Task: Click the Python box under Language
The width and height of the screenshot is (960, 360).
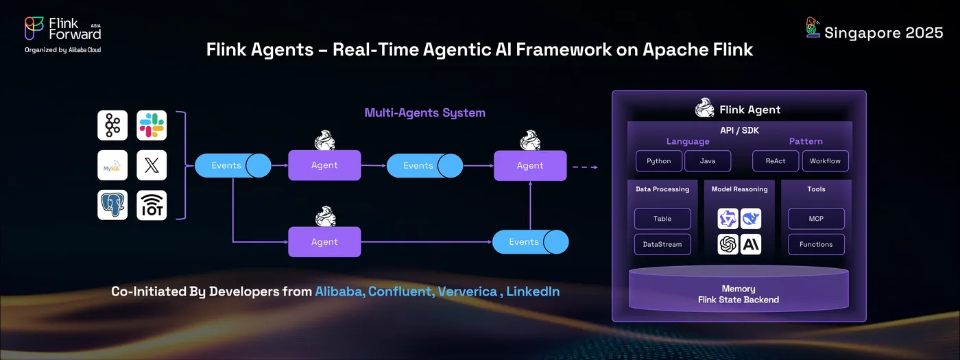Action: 658,161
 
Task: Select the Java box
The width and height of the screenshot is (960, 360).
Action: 708,161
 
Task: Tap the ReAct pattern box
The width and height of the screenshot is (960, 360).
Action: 775,161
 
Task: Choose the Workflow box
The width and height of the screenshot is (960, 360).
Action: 826,161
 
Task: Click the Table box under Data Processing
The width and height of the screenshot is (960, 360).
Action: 662,219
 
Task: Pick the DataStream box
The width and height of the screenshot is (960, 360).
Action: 662,244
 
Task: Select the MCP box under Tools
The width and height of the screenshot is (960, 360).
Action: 816,219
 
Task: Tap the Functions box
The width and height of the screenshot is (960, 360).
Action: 816,244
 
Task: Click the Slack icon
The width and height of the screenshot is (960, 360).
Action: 152,125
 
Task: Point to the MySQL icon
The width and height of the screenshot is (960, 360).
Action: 112,165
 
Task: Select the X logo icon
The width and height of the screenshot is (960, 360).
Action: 152,165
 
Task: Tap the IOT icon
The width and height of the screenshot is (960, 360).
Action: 152,205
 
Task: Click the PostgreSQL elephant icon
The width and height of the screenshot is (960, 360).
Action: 112,205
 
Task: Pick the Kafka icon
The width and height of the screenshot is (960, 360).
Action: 112,125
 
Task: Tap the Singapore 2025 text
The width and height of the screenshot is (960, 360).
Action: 883,32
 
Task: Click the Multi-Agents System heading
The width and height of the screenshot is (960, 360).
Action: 424,112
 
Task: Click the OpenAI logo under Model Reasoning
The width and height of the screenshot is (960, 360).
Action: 728,244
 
